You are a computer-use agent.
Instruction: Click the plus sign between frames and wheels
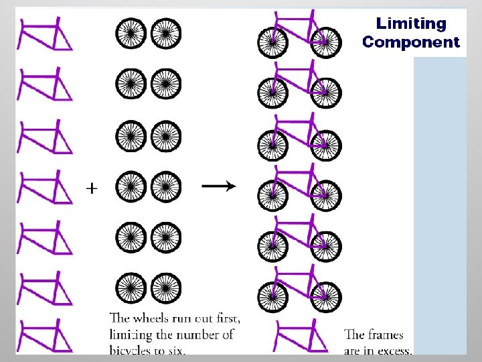(x=92, y=188)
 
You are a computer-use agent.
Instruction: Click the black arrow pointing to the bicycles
(x=218, y=187)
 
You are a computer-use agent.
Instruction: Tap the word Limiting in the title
(x=410, y=23)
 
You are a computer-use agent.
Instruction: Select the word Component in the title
(x=410, y=42)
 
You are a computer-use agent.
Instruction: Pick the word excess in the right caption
(x=395, y=349)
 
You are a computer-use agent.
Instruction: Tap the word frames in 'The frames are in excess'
(x=388, y=335)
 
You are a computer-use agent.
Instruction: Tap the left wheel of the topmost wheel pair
(x=131, y=33)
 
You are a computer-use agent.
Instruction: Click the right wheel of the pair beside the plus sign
(x=165, y=187)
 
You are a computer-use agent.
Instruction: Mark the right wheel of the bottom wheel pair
(x=165, y=289)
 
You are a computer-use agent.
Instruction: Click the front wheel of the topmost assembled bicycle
(x=326, y=42)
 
